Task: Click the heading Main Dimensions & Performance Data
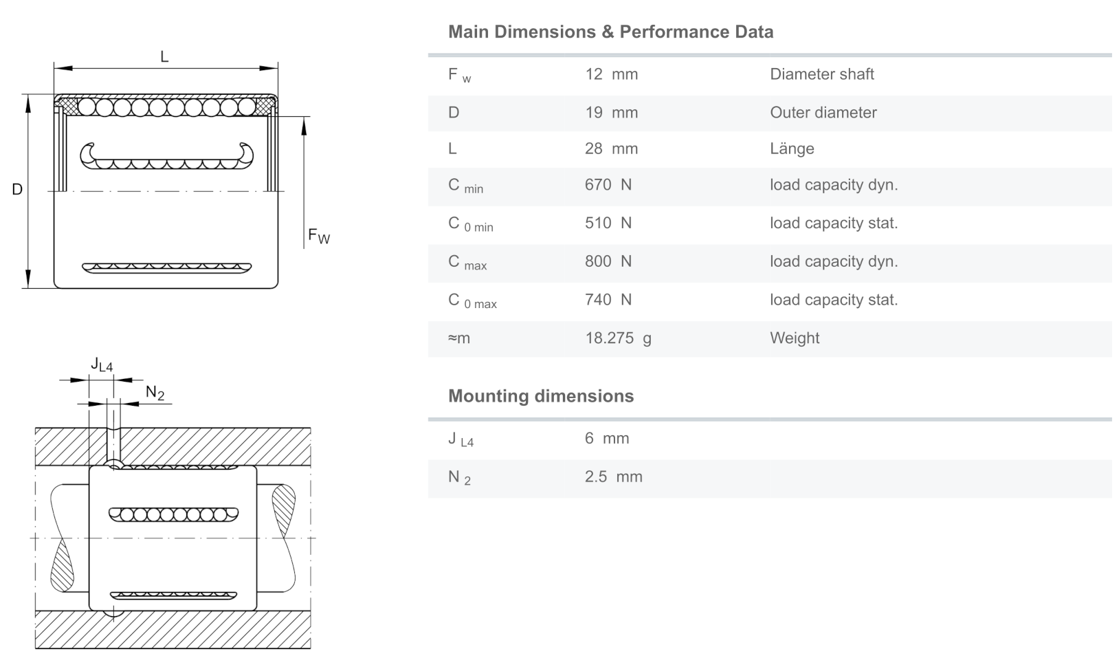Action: coord(610,32)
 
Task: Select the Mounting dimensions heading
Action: coord(541,396)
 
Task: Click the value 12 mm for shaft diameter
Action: coord(611,74)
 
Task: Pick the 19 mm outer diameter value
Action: coord(611,113)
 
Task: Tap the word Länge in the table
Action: coord(792,149)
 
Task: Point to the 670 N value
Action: coord(608,185)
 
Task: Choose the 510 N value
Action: coord(608,223)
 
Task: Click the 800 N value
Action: coord(608,261)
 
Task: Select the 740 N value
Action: coord(608,300)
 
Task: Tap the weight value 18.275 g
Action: coord(618,338)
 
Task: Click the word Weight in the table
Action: coord(795,338)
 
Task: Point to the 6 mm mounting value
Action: coord(607,439)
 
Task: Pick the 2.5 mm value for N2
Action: coord(613,477)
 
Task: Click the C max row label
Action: coord(467,263)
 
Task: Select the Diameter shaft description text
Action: coord(821,74)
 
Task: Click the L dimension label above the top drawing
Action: coord(164,57)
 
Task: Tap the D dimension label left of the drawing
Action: coord(17,189)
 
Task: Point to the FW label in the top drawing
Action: coord(319,237)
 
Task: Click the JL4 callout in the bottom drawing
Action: coord(102,364)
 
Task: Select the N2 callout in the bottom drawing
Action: coord(155,393)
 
